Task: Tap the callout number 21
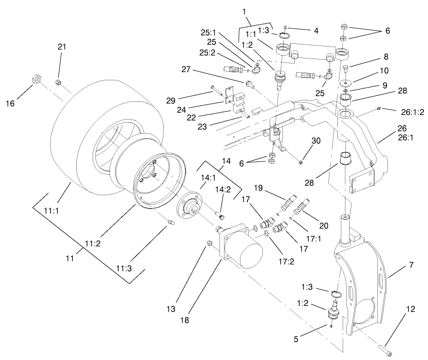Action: pos(62,47)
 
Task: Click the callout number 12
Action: pos(411,310)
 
